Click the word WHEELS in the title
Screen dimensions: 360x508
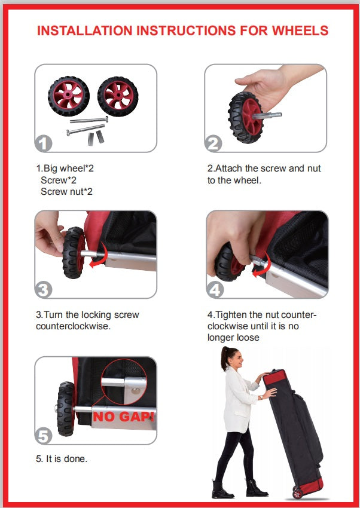300,30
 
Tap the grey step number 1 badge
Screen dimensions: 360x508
44,143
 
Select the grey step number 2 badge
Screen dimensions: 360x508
213,143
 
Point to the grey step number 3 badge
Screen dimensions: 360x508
44,289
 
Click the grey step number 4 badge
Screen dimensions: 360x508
215,289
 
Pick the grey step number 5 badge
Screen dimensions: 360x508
44,436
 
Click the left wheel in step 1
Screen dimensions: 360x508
69,96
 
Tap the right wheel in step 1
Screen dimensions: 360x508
118,96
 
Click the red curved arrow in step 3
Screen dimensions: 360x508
99,256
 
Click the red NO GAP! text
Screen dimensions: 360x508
123,417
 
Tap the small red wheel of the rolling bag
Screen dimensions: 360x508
297,492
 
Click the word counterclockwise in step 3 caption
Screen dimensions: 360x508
73,326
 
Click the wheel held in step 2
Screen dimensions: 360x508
245,117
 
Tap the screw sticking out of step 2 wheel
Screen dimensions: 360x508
267,115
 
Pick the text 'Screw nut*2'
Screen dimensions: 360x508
66,191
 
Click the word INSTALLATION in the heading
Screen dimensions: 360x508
85,30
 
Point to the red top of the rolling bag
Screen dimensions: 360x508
274,377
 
